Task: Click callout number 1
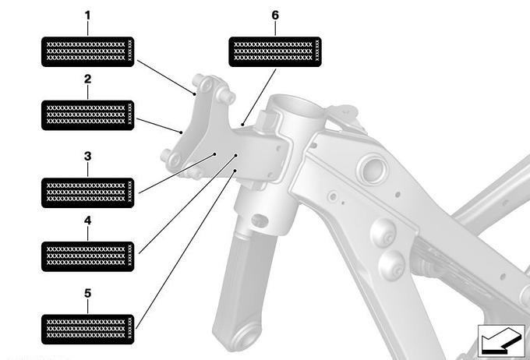click(87, 16)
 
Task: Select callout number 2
click(87, 79)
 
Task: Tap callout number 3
click(87, 156)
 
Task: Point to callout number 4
click(87, 221)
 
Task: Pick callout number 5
click(87, 293)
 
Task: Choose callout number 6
click(275, 16)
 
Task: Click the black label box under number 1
click(87, 51)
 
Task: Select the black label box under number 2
click(87, 115)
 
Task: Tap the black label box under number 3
click(87, 192)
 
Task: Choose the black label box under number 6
click(275, 51)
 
